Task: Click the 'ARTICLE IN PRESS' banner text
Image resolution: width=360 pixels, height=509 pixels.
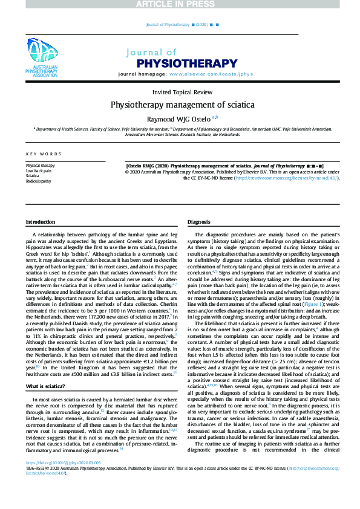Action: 180,5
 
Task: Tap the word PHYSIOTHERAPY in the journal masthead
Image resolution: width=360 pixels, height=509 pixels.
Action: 187,62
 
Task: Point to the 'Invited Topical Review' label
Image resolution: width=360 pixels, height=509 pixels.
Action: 182,92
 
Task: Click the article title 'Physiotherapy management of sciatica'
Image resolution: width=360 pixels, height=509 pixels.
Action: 182,104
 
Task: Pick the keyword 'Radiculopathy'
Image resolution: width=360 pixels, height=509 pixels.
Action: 38,181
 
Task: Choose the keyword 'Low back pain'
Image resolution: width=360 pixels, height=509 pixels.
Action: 39,170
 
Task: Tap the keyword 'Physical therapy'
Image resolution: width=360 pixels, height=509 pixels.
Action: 40,165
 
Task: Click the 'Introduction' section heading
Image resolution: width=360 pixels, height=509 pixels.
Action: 40,222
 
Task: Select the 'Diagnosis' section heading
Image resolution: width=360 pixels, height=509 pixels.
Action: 199,222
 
